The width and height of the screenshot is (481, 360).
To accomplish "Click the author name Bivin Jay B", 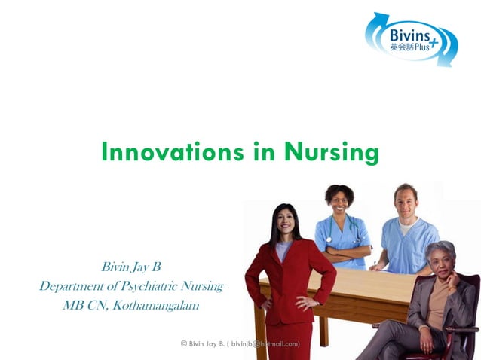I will click(131, 267).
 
